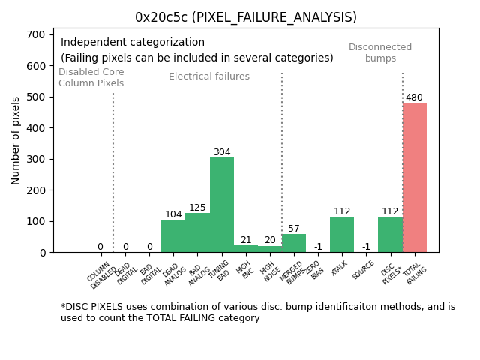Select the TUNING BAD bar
(x=221, y=205)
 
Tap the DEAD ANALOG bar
(x=173, y=236)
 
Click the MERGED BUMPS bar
(x=294, y=243)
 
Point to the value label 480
(x=414, y=97)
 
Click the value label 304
(x=222, y=152)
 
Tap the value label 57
(x=294, y=229)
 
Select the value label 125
(x=197, y=208)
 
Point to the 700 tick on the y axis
(x=35, y=34)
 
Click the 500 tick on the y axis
(x=35, y=97)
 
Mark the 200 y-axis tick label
(x=35, y=190)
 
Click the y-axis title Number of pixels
(x=16, y=140)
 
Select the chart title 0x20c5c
(x=245, y=17)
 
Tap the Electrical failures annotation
(x=209, y=76)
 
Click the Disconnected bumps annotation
(x=380, y=52)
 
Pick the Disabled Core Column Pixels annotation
(x=91, y=77)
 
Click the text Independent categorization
(x=133, y=43)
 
